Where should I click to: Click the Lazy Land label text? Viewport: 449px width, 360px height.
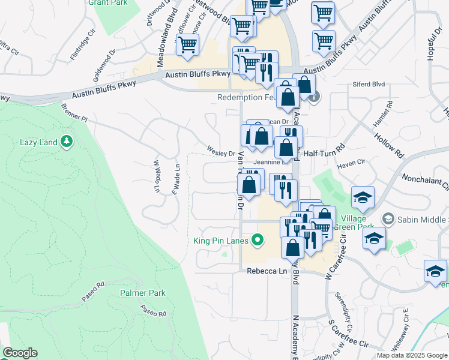38,142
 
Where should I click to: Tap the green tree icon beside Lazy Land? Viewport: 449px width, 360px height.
67,142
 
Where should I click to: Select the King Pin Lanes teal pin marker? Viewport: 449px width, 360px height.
258,241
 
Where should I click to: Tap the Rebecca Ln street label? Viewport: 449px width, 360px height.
267,271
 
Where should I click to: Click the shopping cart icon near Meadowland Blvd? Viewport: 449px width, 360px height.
188,46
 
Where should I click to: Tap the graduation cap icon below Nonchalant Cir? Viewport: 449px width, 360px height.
363,199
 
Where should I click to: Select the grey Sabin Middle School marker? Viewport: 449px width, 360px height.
390,219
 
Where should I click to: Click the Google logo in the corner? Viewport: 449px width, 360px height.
20,353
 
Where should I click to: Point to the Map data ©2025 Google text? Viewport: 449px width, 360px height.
412,355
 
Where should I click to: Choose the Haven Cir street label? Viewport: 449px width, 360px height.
352,163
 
